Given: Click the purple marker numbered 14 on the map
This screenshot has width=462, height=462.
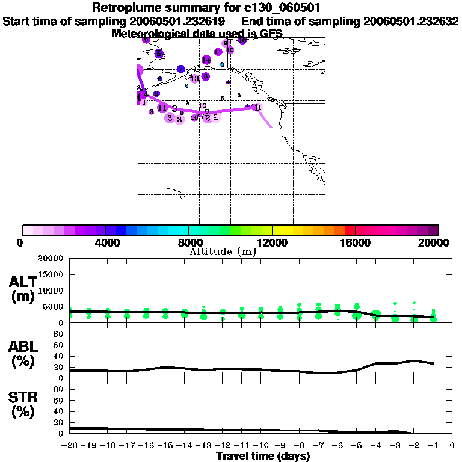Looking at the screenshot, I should tap(206, 60).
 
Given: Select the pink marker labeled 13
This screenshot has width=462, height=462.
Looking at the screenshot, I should tap(194, 78).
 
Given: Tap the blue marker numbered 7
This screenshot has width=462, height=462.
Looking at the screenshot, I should tap(180, 69).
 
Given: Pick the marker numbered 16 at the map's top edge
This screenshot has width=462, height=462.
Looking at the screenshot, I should tap(242, 40).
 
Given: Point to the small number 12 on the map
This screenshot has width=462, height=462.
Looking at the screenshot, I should tap(202, 106).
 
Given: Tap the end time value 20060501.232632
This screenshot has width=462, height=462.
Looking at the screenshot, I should tap(410, 21).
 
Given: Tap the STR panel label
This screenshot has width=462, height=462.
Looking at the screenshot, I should tap(22, 404).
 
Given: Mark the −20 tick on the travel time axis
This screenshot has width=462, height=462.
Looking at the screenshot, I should tap(70, 446).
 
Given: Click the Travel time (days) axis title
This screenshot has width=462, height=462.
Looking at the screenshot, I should tap(263, 457).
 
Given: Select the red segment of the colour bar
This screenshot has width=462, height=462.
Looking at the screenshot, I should tap(350, 230).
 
